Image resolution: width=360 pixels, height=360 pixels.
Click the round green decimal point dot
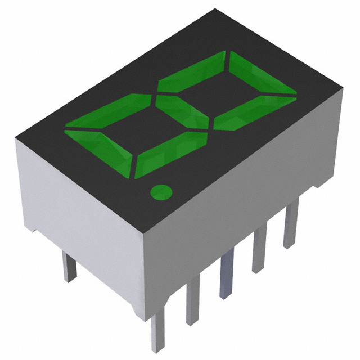point(161,192)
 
